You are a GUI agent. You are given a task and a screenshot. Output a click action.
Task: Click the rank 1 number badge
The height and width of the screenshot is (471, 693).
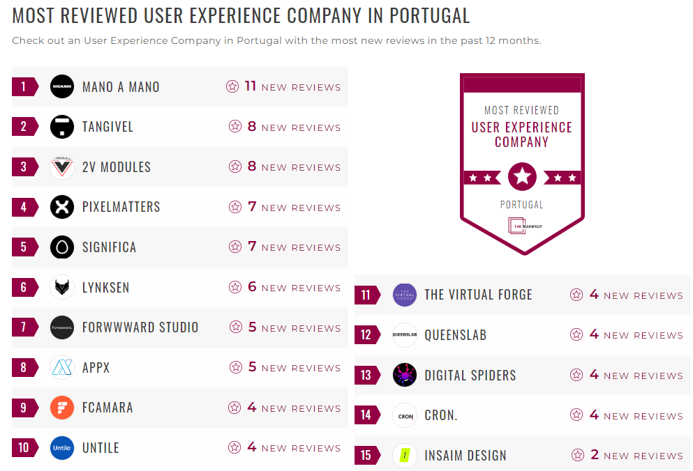(x=24, y=87)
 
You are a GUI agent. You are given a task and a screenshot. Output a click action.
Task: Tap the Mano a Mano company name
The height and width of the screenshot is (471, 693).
(x=121, y=87)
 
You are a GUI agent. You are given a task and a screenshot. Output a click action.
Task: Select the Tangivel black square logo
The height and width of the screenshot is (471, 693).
(x=62, y=127)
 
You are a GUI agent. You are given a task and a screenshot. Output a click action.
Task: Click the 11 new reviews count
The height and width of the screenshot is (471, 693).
(x=251, y=86)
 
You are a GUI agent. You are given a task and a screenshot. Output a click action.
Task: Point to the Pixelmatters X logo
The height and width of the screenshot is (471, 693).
(x=62, y=207)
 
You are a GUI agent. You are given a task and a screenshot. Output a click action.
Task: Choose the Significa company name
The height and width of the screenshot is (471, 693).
(x=109, y=247)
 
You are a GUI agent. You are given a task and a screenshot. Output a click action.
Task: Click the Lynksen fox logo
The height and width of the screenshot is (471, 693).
(x=62, y=287)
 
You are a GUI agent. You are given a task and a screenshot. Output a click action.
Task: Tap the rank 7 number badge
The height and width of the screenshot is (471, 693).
(x=24, y=327)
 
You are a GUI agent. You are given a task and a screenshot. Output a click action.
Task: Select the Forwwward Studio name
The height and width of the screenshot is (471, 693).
(x=140, y=327)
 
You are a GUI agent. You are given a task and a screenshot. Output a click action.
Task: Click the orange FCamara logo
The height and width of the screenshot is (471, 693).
(x=62, y=408)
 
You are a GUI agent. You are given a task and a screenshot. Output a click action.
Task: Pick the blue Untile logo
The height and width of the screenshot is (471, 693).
(x=62, y=448)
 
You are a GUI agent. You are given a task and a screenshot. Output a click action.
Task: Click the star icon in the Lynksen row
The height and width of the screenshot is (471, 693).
(x=235, y=288)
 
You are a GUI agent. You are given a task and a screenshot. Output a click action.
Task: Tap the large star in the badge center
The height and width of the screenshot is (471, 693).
(x=522, y=177)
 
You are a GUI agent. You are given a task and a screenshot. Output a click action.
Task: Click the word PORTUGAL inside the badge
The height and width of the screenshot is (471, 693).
(x=521, y=205)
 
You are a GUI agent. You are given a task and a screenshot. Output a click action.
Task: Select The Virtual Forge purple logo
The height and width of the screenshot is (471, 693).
(x=405, y=295)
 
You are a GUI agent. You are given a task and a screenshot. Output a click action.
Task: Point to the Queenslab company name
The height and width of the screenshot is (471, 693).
(x=455, y=335)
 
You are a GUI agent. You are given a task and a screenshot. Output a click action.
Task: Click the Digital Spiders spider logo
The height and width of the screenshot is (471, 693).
(x=405, y=375)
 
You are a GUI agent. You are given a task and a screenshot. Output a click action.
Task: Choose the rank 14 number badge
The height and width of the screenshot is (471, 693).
(x=366, y=415)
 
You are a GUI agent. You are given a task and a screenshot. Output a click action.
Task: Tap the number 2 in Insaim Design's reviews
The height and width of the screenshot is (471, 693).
(x=595, y=455)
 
